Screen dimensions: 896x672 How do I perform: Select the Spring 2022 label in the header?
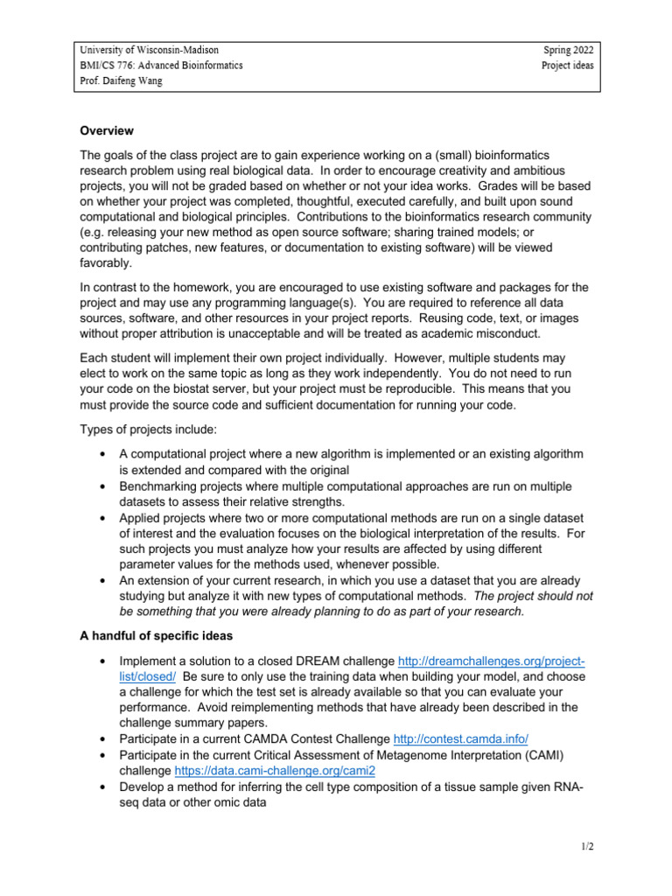tap(569, 51)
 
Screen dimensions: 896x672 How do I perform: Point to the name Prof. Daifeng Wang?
tap(122, 81)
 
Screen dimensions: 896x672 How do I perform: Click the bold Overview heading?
tap(107, 131)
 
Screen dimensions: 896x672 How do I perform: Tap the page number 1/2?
tap(585, 848)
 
